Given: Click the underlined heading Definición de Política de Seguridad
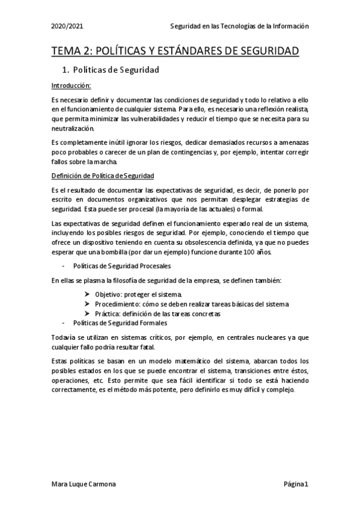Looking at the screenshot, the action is coord(103,175).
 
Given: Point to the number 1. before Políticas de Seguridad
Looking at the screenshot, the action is coord(67,70).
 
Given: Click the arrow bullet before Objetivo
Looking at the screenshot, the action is coord(88,293).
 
